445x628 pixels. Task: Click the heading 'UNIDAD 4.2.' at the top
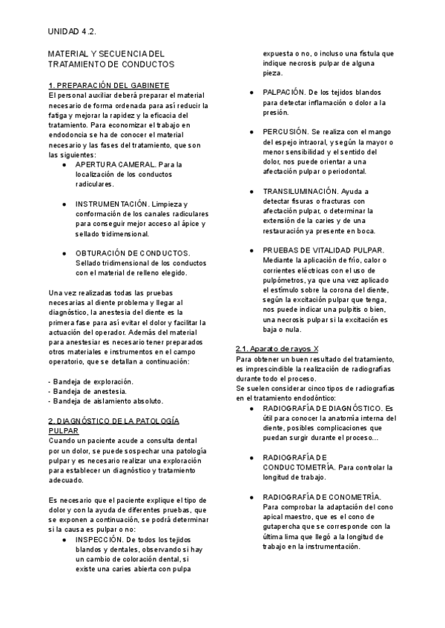click(x=72, y=32)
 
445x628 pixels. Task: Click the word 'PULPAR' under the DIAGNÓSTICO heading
click(x=61, y=430)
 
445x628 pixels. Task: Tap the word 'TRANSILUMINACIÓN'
click(x=300, y=191)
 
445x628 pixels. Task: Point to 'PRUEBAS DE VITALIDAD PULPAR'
click(x=323, y=250)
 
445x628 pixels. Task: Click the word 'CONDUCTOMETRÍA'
click(x=298, y=467)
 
